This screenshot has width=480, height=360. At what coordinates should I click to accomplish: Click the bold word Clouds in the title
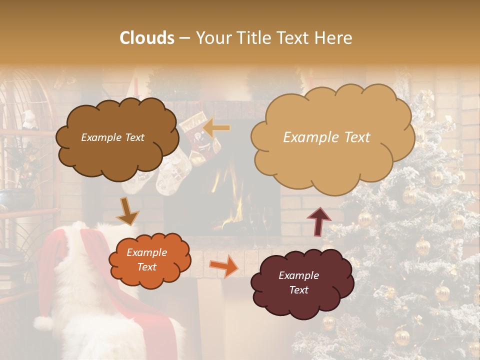(147, 37)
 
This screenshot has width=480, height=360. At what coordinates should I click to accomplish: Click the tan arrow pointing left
(216, 128)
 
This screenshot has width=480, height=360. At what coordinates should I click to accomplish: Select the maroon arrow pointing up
(318, 220)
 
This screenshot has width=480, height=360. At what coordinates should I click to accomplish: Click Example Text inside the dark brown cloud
(112, 137)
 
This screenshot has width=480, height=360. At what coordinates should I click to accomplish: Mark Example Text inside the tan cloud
(326, 137)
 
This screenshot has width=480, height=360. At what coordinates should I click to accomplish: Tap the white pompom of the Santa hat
(43, 323)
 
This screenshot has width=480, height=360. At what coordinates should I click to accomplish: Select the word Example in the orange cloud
(146, 253)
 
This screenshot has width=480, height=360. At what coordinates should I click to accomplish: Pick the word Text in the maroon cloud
(298, 290)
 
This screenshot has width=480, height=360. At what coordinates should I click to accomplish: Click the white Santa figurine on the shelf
(30, 120)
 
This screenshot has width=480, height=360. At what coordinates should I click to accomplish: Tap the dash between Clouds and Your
(184, 38)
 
